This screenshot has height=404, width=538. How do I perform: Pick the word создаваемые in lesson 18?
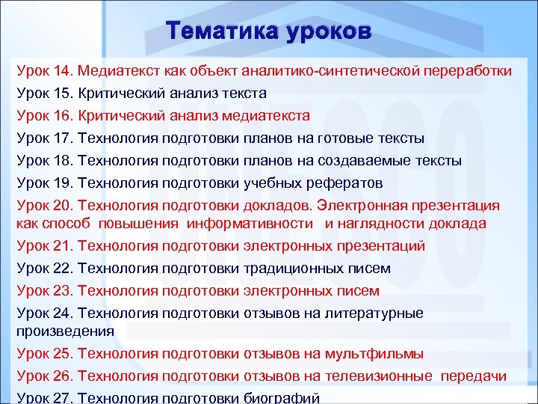(x=359, y=161)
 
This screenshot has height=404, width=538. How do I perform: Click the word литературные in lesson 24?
(x=382, y=313)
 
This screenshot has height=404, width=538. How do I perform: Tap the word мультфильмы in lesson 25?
(x=382, y=353)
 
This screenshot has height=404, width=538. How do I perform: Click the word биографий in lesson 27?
(x=282, y=397)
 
